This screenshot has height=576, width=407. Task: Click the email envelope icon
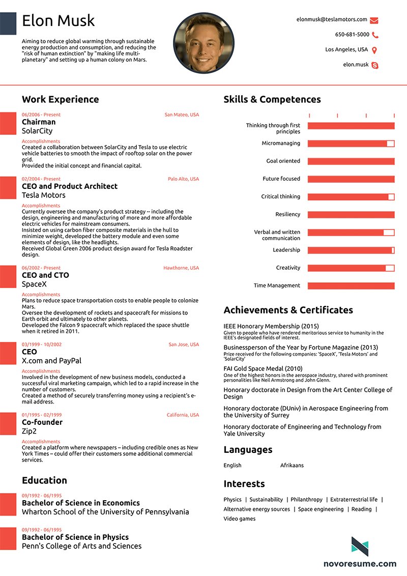pyautogui.click(x=374, y=20)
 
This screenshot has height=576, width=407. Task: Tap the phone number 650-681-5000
pyautogui.click(x=352, y=35)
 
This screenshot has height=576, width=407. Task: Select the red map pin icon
pyautogui.click(x=374, y=50)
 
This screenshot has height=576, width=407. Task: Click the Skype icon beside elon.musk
pyautogui.click(x=375, y=65)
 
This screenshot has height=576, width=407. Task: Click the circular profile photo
pyautogui.click(x=203, y=43)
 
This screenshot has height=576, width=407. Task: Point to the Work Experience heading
pyautogui.click(x=60, y=99)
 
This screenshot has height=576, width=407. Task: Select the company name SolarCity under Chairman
pyautogui.click(x=37, y=131)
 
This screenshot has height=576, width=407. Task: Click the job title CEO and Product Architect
pyautogui.click(x=69, y=186)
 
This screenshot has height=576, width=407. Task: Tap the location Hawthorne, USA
pyautogui.click(x=181, y=268)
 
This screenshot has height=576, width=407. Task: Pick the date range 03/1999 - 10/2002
pyautogui.click(x=42, y=344)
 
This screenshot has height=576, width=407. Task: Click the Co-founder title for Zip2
pyautogui.click(x=42, y=422)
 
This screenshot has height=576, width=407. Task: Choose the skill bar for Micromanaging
pyautogui.click(x=351, y=143)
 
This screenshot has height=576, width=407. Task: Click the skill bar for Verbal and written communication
pyautogui.click(x=351, y=233)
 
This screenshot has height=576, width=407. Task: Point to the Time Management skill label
pyautogui.click(x=277, y=285)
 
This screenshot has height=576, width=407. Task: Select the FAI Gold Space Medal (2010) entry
pyautogui.click(x=263, y=368)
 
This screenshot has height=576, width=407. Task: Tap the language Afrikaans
pyautogui.click(x=292, y=465)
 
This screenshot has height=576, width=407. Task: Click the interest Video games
pyautogui.click(x=239, y=519)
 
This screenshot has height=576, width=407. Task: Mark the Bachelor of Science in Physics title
pyautogui.click(x=75, y=537)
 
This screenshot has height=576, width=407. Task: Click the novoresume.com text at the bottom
pyautogui.click(x=360, y=563)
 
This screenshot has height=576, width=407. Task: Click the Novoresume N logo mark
pyautogui.click(x=360, y=545)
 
